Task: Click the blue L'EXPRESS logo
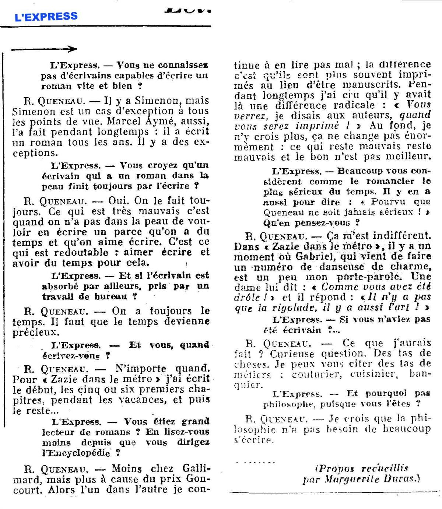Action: (46, 17)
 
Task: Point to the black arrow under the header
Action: (44, 49)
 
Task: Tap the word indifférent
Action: (396, 236)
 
